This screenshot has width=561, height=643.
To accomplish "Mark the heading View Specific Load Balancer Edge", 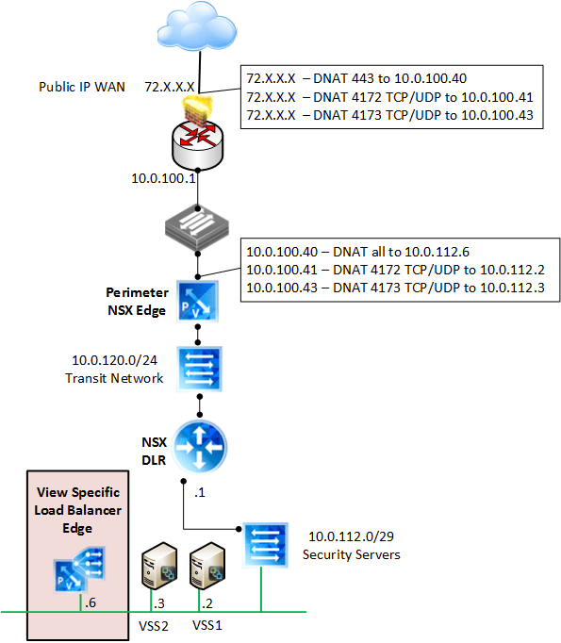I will (77, 510).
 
